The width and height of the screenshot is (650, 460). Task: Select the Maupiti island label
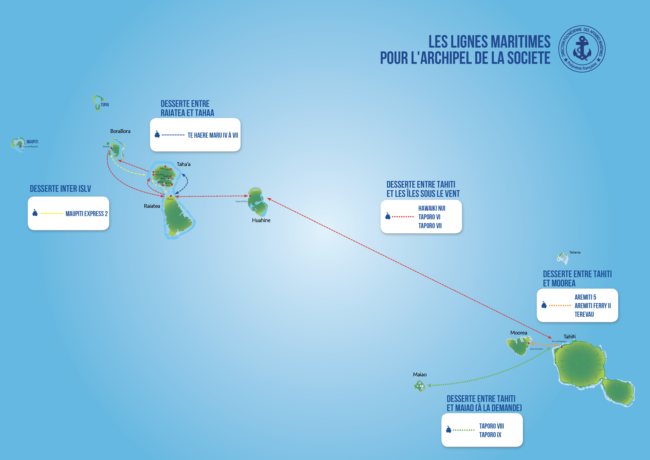coord(32,142)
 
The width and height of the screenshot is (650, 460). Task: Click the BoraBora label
coord(120,131)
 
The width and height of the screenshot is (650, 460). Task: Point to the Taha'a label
coord(183,164)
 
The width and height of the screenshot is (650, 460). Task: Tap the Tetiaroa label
coord(575,252)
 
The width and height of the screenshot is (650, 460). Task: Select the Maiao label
coord(420,375)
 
